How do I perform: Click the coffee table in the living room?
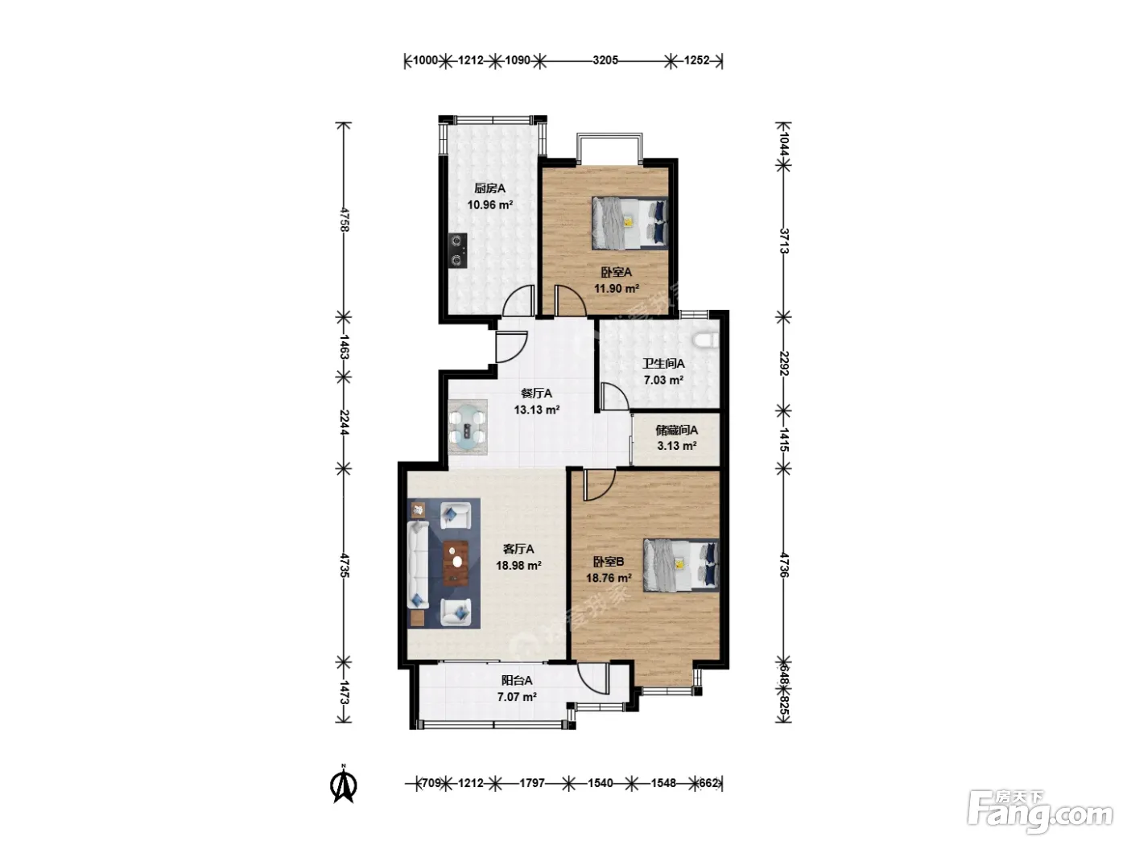(456, 563)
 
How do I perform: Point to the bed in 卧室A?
(630, 223)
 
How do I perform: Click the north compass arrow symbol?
(344, 783)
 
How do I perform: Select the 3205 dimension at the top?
(605, 60)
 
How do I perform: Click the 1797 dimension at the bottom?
(532, 783)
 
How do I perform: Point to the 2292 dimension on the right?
(783, 363)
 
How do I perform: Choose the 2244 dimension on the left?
(344, 422)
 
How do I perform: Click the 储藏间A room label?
(677, 430)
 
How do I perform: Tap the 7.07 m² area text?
(517, 697)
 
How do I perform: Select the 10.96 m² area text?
(489, 204)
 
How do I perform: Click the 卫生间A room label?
(663, 364)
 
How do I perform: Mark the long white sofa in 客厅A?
(418, 565)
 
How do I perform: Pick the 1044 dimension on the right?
(783, 144)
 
